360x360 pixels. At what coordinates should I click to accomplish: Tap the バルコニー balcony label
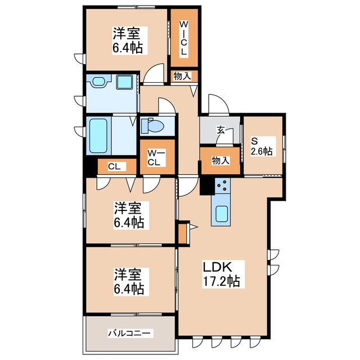[130, 334]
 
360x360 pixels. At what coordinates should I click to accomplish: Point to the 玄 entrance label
[221, 130]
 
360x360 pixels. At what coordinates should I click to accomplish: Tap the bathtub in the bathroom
[98, 136]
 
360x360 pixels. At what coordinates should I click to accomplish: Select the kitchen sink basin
[222, 214]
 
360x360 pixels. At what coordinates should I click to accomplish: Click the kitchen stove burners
[222, 186]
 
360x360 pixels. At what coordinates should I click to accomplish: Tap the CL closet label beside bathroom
[114, 166]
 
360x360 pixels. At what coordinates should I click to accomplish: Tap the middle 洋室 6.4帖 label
[129, 215]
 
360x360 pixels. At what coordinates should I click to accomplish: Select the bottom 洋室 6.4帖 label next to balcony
[129, 282]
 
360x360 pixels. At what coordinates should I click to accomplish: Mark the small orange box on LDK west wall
[182, 233]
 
